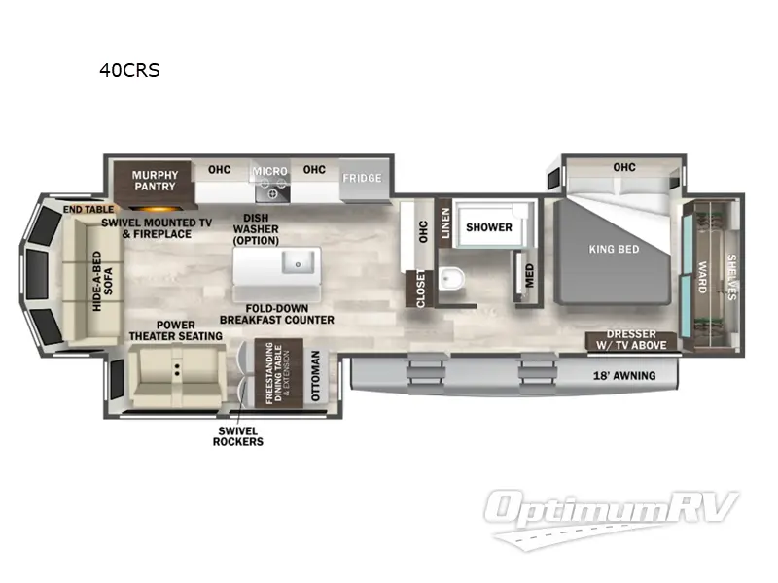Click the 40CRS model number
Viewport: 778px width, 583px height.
129,70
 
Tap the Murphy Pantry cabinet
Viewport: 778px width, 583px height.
154,181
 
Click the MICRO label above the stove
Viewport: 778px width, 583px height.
270,172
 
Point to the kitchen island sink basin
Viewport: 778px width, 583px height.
299,261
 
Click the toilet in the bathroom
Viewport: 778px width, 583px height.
451,279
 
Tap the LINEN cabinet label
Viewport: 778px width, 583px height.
445,223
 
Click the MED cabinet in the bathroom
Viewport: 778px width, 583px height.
529,276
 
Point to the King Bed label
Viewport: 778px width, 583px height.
614,249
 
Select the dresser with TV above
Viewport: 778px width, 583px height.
631,341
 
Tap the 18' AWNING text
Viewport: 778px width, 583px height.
624,376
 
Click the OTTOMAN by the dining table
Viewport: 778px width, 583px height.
315,375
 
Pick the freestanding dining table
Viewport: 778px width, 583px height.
278,372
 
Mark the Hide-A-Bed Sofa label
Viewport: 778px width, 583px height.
103,281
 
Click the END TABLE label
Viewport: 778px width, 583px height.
88,210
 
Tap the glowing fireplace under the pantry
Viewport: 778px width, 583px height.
154,209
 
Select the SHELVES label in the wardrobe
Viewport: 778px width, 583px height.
731,277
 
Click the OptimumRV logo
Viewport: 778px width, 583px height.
611,516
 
